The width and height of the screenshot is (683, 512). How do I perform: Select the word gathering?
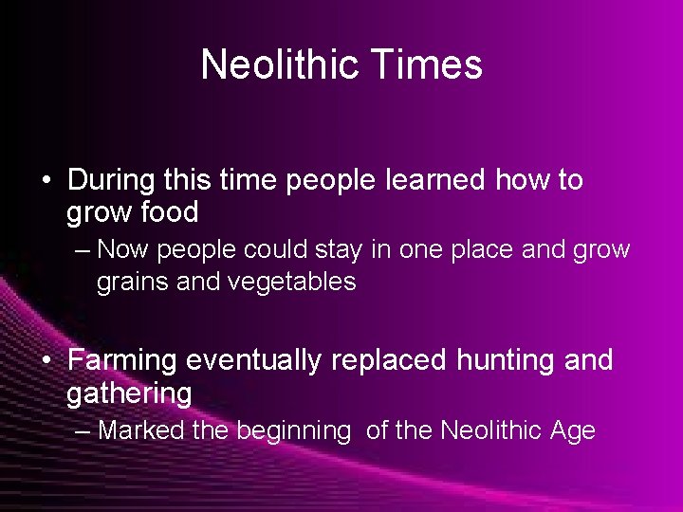point(129,393)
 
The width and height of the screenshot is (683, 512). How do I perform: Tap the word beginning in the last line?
point(293,431)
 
